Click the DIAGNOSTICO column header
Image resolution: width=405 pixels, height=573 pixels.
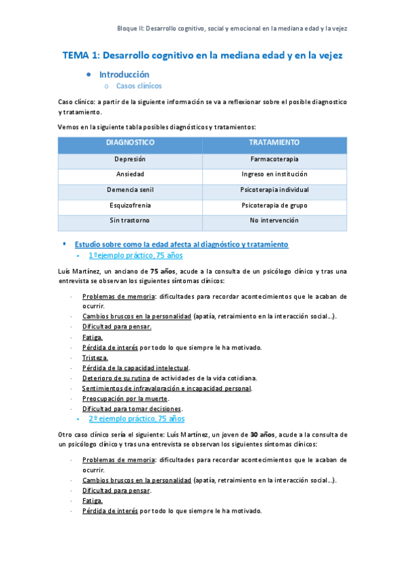130,143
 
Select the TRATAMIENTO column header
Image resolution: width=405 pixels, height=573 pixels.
274,143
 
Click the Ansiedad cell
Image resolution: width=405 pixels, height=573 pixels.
130,174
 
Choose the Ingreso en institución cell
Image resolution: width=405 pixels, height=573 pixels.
274,174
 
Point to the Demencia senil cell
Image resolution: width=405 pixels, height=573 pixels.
130,189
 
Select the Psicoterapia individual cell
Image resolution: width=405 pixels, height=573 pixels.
274,189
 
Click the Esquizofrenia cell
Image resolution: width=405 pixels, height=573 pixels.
130,204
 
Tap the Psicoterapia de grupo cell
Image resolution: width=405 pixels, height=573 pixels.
274,204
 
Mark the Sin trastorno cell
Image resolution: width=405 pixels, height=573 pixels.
130,220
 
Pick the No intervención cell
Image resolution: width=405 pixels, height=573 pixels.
274,220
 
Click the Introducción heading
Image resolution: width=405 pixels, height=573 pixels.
124,74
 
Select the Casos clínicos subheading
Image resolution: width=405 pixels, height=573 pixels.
139,86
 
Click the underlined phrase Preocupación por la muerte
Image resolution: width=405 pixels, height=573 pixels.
125,399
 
